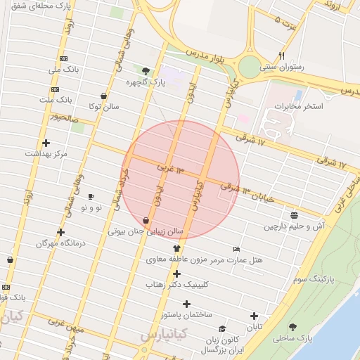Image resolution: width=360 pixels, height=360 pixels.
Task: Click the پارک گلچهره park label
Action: pos(146,82)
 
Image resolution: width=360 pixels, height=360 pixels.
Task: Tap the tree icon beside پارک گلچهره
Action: pos(146,70)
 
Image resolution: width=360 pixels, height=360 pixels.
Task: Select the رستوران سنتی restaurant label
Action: pos(281,67)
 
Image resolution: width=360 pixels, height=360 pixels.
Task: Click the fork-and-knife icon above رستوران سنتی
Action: pos(281,56)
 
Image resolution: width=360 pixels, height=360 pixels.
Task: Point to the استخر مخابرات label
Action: pos(299,106)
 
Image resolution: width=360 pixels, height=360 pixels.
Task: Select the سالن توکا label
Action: pos(103,107)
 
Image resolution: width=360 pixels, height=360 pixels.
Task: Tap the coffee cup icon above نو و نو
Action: pos(91,196)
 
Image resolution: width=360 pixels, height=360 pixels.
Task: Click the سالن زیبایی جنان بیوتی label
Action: pos(146,231)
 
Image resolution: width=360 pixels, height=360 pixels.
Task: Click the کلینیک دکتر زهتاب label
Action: pos(176,285)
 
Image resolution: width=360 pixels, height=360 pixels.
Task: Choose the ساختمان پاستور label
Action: pos(186,315)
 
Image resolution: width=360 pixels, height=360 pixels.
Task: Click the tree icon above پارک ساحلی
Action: pos(292,327)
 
